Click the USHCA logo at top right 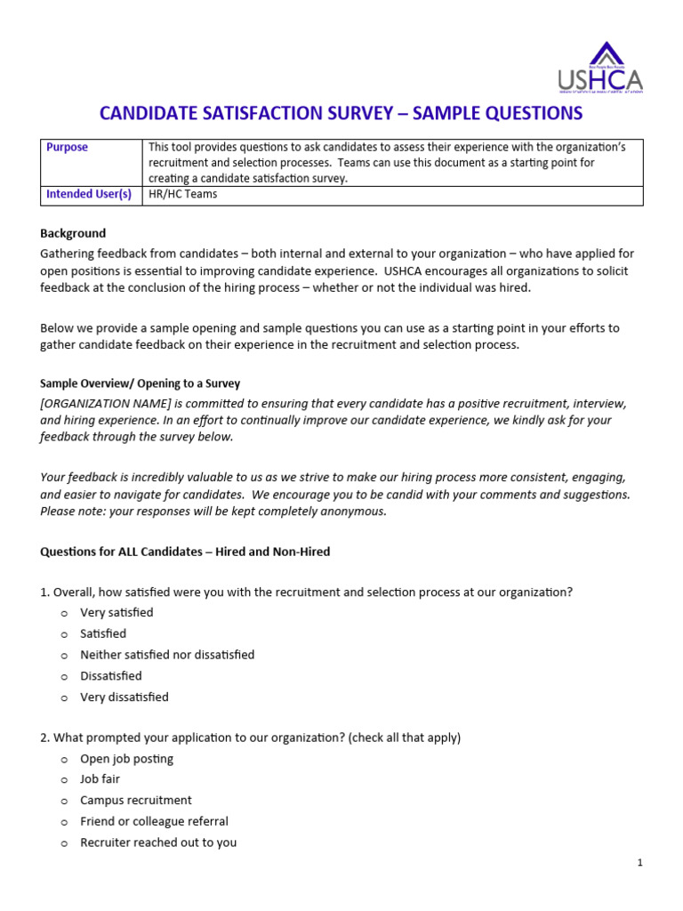pyautogui.click(x=600, y=68)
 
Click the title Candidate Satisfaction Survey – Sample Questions pyautogui.click(x=341, y=113)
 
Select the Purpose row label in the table pyautogui.click(x=67, y=148)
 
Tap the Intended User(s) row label pyautogui.click(x=88, y=194)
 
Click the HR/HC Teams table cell pyautogui.click(x=182, y=194)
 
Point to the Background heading pyautogui.click(x=73, y=233)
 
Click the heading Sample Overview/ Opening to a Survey pyautogui.click(x=140, y=383)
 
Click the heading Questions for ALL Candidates pyautogui.click(x=185, y=552)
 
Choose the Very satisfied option pyautogui.click(x=117, y=612)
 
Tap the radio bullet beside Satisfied pyautogui.click(x=64, y=634)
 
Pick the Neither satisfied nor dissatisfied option pyautogui.click(x=167, y=655)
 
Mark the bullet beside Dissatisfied pyautogui.click(x=64, y=677)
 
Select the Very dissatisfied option pyautogui.click(x=124, y=697)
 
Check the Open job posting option pyautogui.click(x=126, y=759)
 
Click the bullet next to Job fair pyautogui.click(x=64, y=780)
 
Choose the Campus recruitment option pyautogui.click(x=135, y=801)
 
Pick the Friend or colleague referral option pyautogui.click(x=154, y=821)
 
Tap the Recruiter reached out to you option pyautogui.click(x=158, y=842)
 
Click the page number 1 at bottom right pyautogui.click(x=639, y=863)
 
